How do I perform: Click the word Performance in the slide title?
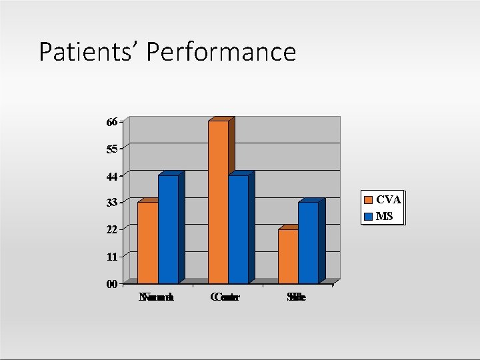pos(223,52)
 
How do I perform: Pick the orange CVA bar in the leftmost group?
pos(147,242)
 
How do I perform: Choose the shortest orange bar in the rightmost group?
pos(288,256)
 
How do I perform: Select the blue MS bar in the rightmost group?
pos(308,242)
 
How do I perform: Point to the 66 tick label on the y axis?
pos(111,122)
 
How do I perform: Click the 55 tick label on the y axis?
pos(111,149)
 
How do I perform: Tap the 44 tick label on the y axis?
pos(111,176)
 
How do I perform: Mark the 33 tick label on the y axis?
pos(111,202)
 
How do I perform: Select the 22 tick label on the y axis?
pos(111,229)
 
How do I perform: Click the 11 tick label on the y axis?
pos(111,257)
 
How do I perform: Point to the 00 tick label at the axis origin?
pos(111,284)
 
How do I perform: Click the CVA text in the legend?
pos(388,199)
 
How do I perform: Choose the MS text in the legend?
pos(384,216)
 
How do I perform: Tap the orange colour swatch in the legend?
pos(368,199)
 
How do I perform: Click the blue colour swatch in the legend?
pos(368,216)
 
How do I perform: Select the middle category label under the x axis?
pos(225,297)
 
